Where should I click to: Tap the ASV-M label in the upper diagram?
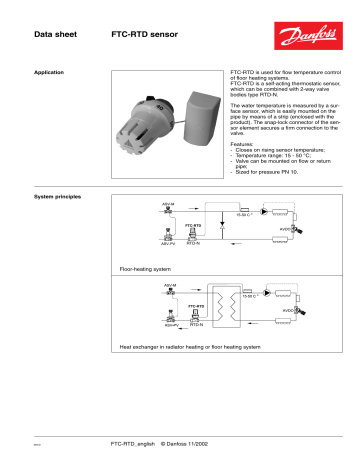coord(169,203)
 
